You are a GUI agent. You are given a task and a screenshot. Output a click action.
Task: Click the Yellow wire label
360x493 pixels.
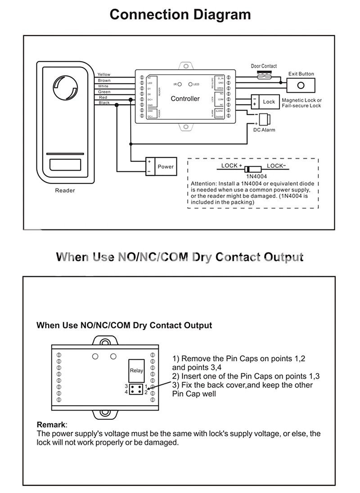[x=104, y=75]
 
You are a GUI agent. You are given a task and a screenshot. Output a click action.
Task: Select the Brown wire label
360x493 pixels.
[x=104, y=81]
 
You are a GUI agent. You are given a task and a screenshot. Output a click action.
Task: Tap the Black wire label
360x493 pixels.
[x=104, y=103]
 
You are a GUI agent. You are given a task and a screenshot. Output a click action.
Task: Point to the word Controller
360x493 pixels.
[x=185, y=99]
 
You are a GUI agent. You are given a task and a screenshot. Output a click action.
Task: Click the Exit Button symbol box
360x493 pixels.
[x=301, y=85]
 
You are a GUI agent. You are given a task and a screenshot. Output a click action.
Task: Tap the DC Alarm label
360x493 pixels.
[x=264, y=130]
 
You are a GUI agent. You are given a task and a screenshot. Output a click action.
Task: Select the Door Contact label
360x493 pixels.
[x=264, y=66]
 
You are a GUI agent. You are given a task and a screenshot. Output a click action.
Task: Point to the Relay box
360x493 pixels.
[x=136, y=371]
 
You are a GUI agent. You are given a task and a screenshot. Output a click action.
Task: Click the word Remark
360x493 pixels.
[x=51, y=425]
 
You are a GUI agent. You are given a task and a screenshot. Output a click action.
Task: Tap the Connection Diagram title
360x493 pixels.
[x=180, y=14]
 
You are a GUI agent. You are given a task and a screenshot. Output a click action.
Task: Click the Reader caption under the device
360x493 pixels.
[x=65, y=190]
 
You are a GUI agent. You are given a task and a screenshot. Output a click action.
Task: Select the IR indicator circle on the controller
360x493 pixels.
[x=179, y=84]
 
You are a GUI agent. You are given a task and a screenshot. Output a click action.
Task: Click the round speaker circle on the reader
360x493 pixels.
[x=65, y=87]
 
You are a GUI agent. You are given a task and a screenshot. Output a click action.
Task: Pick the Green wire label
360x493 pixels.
[x=104, y=92]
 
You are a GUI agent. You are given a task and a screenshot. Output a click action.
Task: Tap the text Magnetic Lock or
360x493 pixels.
[x=301, y=100]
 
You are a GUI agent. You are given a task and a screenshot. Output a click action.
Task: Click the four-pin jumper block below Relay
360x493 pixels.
[x=136, y=389]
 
